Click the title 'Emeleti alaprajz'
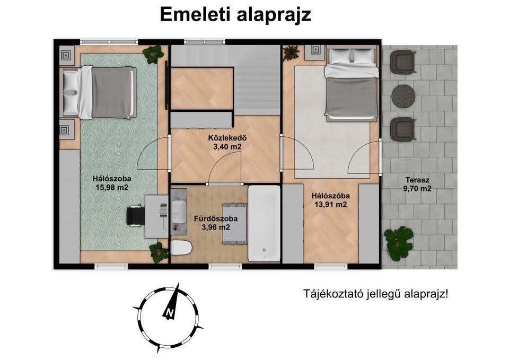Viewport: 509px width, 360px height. coord(235,15)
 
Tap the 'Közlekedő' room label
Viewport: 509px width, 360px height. coord(227,138)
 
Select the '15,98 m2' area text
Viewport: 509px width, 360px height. coord(112,187)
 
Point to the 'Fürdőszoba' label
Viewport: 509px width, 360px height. coord(216,219)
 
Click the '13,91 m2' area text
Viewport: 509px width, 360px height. coord(330,205)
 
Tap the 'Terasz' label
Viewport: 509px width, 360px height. coord(417,180)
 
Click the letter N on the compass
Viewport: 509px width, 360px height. coord(169,313)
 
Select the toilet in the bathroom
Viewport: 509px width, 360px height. coord(181,248)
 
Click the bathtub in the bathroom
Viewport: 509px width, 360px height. coord(264,223)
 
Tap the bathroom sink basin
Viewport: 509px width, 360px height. coord(179,212)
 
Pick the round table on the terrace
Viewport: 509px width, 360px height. coord(403,96)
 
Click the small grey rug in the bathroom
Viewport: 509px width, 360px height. coord(235,224)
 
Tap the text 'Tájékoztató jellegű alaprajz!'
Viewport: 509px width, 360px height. coord(376,294)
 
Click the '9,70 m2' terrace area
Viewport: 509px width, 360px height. coord(417,189)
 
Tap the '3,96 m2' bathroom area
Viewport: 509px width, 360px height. coord(216,227)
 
